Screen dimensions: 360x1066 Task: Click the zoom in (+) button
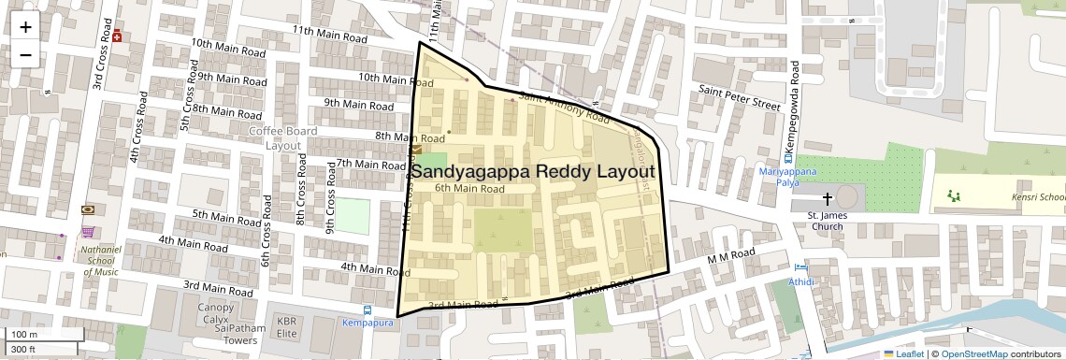coord(25,27)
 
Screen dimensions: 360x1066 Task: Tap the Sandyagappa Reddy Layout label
coord(532,172)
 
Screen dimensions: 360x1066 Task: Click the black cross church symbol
coord(827,199)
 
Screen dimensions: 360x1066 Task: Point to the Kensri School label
coord(1038,197)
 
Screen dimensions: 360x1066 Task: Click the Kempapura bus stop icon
coord(367,310)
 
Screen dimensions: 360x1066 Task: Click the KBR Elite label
coord(286,327)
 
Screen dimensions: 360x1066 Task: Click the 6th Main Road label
coord(469,189)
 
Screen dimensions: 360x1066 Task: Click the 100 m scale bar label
coord(25,335)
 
